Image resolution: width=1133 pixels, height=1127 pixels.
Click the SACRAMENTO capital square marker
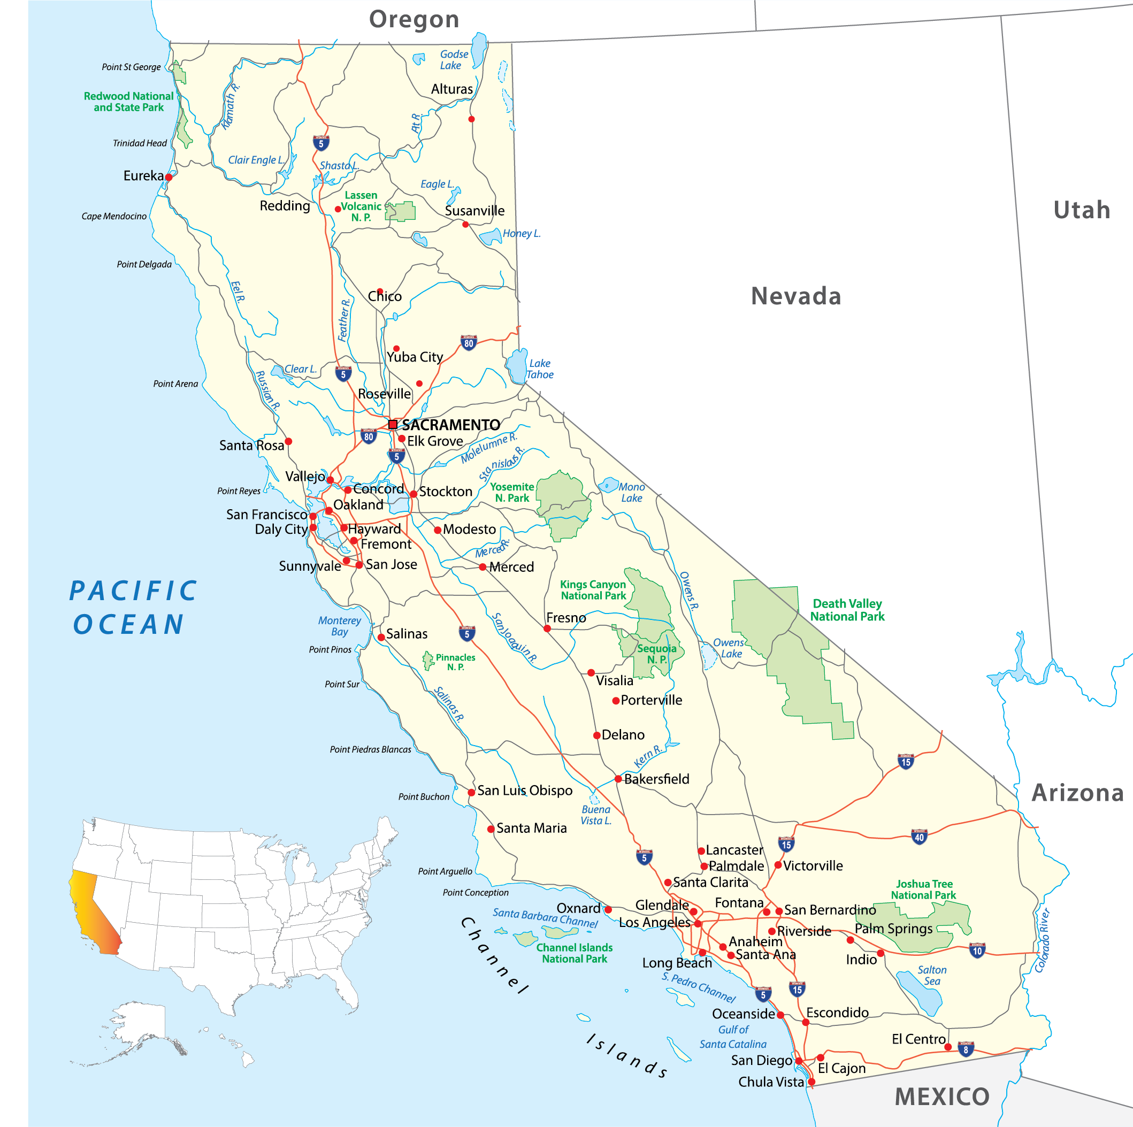pos(393,425)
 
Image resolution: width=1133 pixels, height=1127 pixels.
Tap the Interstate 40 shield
pos(919,837)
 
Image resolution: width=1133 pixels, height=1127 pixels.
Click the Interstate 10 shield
pos(977,950)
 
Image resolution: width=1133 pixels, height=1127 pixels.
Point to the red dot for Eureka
pos(169,177)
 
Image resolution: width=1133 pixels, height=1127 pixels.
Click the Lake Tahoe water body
pos(517,366)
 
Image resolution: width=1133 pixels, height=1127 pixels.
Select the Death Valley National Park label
pos(847,610)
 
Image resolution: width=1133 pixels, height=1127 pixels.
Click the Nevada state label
pos(796,296)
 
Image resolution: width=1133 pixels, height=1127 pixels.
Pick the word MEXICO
pos(942,1097)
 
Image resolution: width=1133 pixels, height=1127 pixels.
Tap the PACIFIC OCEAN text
pos(133,608)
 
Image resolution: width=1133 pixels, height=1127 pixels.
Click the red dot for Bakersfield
pos(618,779)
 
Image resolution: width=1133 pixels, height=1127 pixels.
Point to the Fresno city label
pos(566,617)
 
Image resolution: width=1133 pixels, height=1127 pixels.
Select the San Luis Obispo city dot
pos(471,792)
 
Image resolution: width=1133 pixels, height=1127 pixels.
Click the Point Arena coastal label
pos(175,384)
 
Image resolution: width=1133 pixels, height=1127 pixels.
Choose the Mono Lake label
pos(632,492)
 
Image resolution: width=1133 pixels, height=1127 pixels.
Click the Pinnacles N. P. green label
pos(455,662)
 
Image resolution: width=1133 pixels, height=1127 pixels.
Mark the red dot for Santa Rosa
pos(288,441)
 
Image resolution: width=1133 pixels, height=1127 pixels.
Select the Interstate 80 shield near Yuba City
pos(469,343)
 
